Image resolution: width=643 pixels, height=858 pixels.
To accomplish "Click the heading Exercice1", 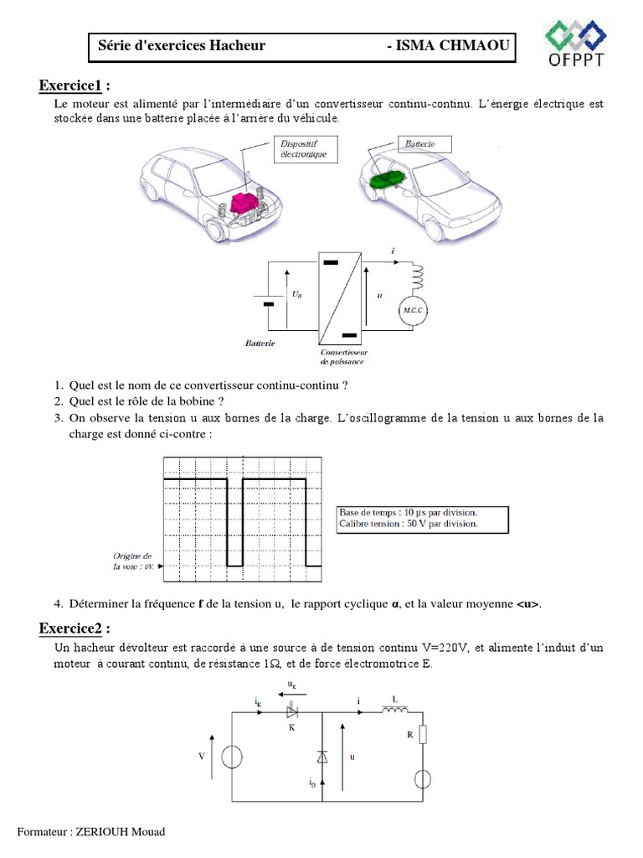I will [74, 85].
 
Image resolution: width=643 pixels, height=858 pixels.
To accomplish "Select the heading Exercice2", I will [74, 628].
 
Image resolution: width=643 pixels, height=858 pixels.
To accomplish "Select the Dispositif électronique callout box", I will [308, 149].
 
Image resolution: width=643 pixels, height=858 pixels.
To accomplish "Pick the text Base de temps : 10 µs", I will [409, 512].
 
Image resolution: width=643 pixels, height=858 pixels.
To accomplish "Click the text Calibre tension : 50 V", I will [408, 524].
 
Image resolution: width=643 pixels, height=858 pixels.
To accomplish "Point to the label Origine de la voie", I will [133, 561].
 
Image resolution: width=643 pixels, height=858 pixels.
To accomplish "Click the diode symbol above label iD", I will [322, 756].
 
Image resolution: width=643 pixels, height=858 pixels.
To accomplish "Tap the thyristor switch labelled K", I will [292, 711].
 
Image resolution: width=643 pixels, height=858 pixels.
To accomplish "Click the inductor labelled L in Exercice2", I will [394, 711].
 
